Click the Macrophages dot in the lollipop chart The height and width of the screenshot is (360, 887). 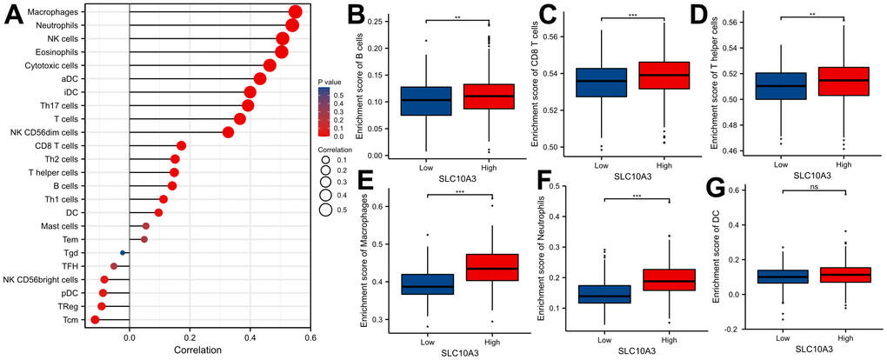pyautogui.click(x=295, y=11)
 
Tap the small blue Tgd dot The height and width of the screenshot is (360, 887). pyautogui.click(x=123, y=252)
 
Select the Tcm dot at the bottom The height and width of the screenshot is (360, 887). pyautogui.click(x=95, y=320)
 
